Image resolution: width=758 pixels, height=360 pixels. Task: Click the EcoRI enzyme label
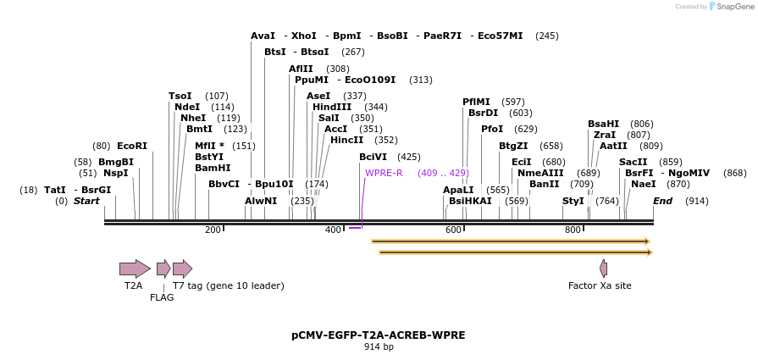tap(132, 146)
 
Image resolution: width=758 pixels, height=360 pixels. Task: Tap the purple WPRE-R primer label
tap(384, 173)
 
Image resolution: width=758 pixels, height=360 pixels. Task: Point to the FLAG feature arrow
tap(163, 269)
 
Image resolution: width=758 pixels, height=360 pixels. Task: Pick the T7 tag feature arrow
tap(182, 269)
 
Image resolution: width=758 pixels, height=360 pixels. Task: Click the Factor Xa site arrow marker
tap(603, 269)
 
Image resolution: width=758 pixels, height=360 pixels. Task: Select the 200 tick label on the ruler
tap(213, 230)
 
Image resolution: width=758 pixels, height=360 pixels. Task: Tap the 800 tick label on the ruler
tap(573, 230)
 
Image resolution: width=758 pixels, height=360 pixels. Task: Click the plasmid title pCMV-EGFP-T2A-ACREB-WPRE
tap(379, 335)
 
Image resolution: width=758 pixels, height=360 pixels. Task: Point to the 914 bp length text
tap(379, 347)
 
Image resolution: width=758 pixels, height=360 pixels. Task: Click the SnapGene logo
tap(731, 7)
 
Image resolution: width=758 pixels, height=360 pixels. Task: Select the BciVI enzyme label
tap(373, 157)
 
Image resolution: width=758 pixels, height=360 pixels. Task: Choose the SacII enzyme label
tap(633, 162)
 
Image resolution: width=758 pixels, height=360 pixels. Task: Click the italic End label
tap(662, 201)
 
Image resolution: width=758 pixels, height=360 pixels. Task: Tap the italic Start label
tap(86, 201)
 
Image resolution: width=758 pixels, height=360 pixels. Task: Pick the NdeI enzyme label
tap(187, 107)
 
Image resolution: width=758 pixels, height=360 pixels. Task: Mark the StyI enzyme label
tap(573, 201)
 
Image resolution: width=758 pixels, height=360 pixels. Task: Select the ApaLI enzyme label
tap(458, 190)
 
